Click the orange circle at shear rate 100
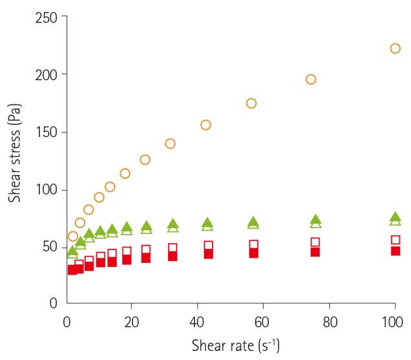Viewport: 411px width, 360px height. coord(395,48)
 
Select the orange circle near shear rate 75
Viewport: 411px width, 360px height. coord(311,79)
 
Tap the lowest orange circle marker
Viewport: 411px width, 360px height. coord(72,236)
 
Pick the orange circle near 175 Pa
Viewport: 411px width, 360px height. coord(251,103)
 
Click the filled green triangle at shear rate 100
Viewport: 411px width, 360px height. coord(395,217)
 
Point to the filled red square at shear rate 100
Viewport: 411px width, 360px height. coord(395,251)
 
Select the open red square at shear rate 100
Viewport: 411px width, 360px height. coord(395,240)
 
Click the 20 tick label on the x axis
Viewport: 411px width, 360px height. coord(131,321)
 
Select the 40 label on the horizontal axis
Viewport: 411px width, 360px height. coord(197,321)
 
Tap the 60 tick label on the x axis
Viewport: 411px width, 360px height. coord(262,321)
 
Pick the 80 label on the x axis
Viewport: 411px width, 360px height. coord(328,321)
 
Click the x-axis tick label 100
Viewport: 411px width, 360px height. coord(394,321)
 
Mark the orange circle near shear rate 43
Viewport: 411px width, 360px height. coord(205,125)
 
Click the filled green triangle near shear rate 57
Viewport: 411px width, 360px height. coord(253,222)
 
